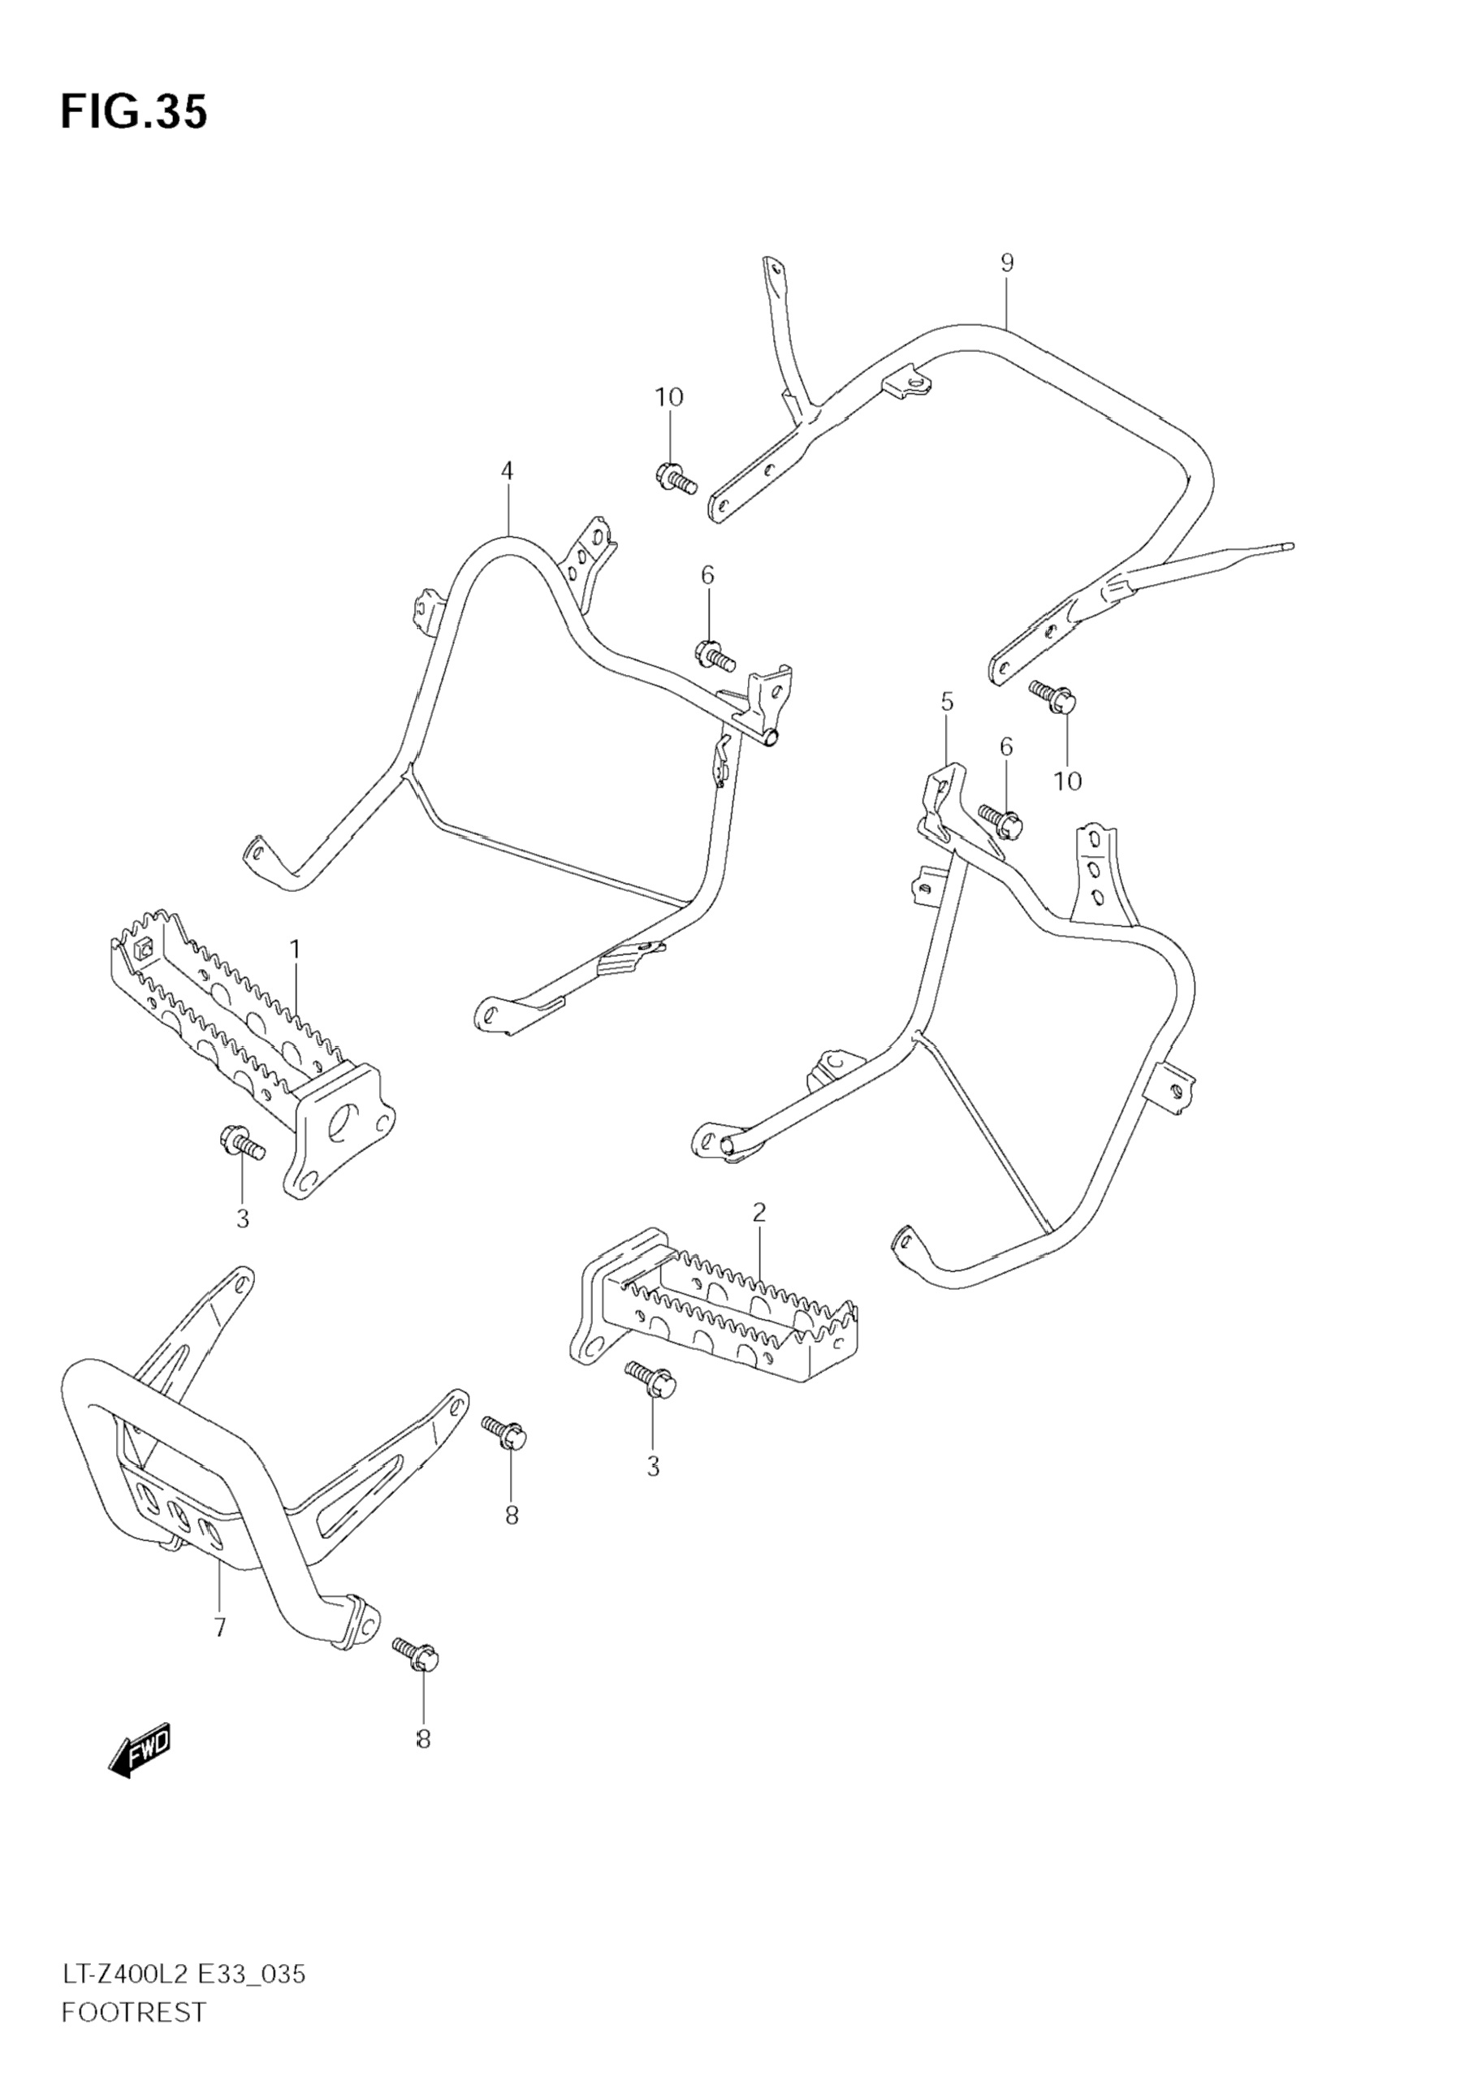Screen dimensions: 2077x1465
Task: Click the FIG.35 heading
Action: pos(134,112)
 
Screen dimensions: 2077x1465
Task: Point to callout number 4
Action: pos(508,470)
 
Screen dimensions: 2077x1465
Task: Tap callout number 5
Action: pos(947,701)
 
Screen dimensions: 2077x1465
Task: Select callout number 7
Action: pos(220,1629)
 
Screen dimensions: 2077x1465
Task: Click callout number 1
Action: pos(295,949)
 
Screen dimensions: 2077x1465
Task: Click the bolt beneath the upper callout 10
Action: pos(675,478)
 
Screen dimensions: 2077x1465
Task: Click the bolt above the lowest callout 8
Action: pos(416,1654)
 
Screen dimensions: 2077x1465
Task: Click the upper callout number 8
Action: pos(512,1515)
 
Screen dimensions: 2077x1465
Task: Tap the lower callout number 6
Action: pos(1005,747)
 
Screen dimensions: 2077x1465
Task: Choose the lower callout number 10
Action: pos(1068,781)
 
